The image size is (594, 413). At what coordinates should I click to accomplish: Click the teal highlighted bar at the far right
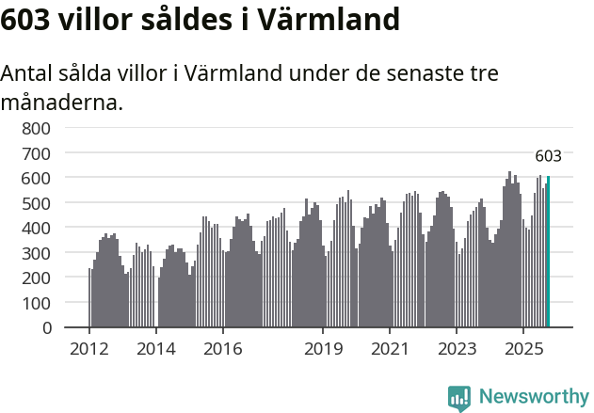[x=548, y=252]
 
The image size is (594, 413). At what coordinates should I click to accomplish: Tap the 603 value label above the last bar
[x=548, y=156]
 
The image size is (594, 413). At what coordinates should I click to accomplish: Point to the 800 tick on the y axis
[x=38, y=127]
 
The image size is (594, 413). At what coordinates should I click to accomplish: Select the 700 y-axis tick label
[x=38, y=152]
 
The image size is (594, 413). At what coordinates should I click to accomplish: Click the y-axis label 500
[x=38, y=202]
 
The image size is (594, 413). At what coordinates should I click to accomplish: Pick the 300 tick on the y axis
[x=38, y=252]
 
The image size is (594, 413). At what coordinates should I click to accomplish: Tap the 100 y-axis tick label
[x=38, y=303]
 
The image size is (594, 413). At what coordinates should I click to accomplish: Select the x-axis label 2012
[x=89, y=349]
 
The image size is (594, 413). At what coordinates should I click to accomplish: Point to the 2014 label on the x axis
[x=155, y=349]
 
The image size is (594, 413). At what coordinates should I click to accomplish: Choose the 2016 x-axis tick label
[x=222, y=349]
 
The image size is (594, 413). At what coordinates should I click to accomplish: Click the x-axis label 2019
[x=323, y=349]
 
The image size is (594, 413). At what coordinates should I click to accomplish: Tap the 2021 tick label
[x=390, y=349]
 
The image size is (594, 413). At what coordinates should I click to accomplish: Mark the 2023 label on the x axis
[x=457, y=349]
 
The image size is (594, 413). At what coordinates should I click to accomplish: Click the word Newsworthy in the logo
[x=533, y=397]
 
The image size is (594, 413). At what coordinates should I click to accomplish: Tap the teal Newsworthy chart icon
[x=459, y=398]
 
